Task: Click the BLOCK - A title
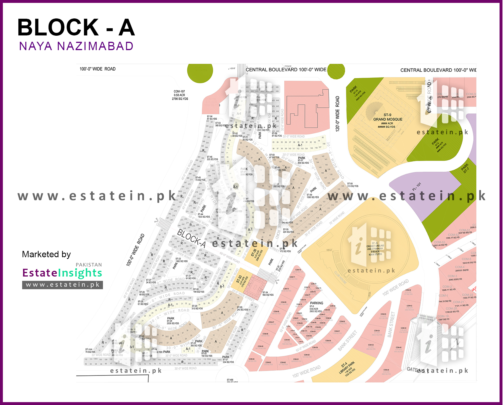click(76, 28)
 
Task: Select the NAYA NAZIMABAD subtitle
click(76, 46)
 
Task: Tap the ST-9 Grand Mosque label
click(387, 119)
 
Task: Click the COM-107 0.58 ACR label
click(180, 95)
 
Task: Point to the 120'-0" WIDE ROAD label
click(338, 114)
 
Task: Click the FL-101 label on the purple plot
click(416, 187)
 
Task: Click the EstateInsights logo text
click(62, 273)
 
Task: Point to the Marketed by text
click(46, 254)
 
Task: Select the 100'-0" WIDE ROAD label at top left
click(97, 69)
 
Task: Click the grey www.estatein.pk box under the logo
click(62, 285)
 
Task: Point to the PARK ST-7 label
click(465, 168)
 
